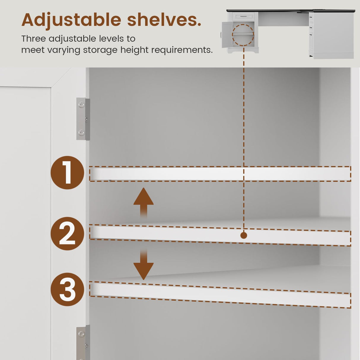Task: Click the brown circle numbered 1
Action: (x=67, y=173)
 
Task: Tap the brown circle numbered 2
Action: (x=67, y=233)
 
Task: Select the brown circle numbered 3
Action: (x=67, y=289)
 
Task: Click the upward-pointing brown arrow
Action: (x=144, y=203)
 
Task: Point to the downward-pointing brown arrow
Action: (x=144, y=264)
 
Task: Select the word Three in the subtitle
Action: (x=34, y=39)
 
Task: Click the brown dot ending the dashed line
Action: (x=244, y=235)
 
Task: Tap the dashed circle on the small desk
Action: (x=243, y=35)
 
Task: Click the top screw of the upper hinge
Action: (x=82, y=105)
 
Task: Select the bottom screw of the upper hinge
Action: (x=82, y=133)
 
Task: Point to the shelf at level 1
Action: (x=220, y=174)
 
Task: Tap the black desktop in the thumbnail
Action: (x=291, y=11)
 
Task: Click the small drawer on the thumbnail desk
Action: (x=243, y=17)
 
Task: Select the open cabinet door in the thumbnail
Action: (x=227, y=35)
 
